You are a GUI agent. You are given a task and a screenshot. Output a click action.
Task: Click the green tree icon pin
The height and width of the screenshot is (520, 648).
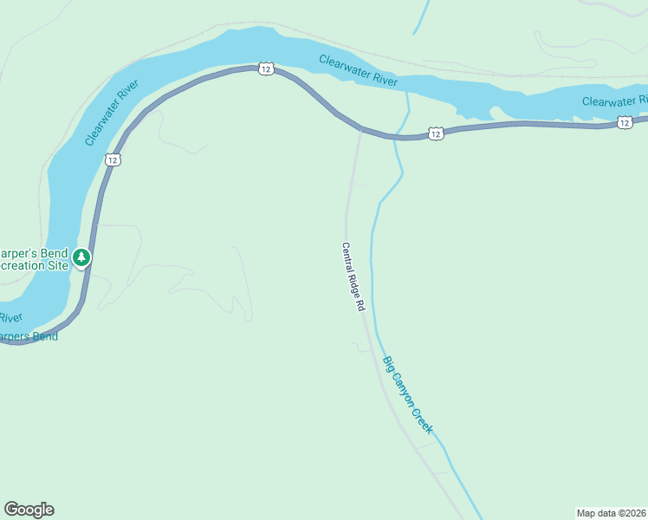(x=81, y=257)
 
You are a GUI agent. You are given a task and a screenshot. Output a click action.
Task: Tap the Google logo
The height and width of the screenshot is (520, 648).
(x=29, y=510)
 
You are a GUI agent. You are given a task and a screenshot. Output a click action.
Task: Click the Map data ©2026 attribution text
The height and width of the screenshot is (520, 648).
(x=611, y=512)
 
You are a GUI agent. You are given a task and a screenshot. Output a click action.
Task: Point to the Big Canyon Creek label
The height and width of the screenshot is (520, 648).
(x=407, y=395)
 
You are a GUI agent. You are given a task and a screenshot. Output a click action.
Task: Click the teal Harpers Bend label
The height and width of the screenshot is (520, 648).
(x=29, y=336)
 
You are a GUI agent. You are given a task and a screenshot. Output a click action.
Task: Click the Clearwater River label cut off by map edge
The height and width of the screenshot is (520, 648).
(x=614, y=101)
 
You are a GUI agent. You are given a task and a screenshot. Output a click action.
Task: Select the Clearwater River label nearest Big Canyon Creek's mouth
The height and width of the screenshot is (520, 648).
(x=358, y=70)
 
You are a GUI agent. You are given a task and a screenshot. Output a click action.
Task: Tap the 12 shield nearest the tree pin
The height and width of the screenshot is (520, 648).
(x=113, y=159)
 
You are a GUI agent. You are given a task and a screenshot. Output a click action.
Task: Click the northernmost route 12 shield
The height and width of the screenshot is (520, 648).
(x=266, y=68)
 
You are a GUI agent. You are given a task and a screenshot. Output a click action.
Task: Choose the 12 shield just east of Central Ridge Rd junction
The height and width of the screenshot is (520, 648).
(x=436, y=133)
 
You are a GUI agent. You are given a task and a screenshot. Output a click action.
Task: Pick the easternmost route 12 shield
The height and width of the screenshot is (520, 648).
(x=625, y=123)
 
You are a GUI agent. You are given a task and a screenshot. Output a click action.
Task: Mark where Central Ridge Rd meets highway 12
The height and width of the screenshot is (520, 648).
(x=361, y=129)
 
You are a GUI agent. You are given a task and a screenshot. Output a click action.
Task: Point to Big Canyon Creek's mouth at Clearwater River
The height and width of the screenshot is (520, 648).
(x=406, y=92)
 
